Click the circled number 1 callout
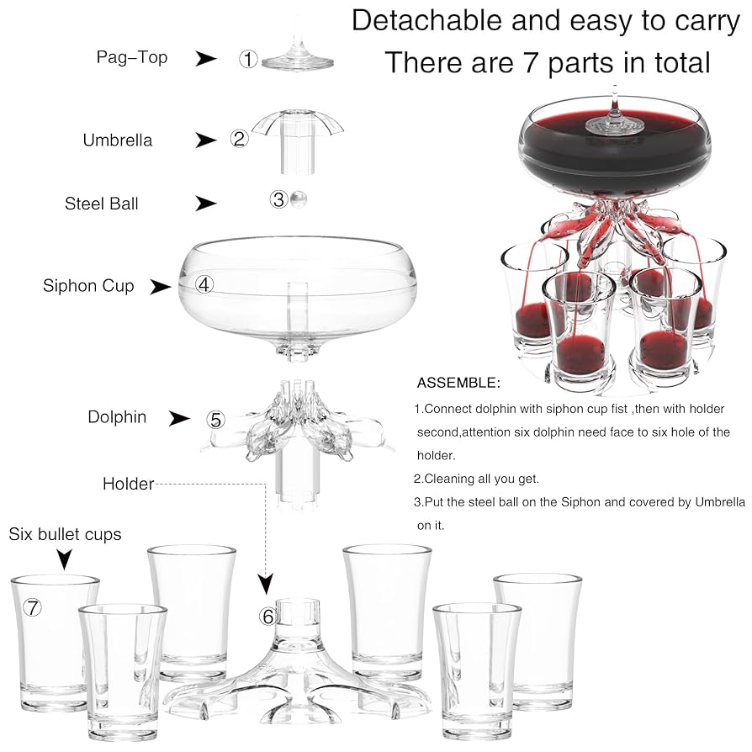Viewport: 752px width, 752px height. click(x=248, y=59)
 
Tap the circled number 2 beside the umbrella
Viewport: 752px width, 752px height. click(x=240, y=139)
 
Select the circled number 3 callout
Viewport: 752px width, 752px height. click(x=278, y=199)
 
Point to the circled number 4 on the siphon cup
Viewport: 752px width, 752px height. click(x=204, y=284)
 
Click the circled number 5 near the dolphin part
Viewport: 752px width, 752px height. click(x=216, y=420)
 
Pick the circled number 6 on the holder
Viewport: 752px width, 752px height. click(x=268, y=617)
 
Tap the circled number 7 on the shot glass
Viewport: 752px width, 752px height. click(x=32, y=607)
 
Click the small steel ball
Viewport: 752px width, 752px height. click(x=298, y=199)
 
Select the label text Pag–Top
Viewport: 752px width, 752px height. click(x=132, y=57)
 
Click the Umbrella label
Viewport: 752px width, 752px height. click(x=118, y=140)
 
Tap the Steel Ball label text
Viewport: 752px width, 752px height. click(x=101, y=204)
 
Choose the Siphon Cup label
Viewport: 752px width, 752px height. click(x=88, y=286)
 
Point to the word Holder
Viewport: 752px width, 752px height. click(x=128, y=484)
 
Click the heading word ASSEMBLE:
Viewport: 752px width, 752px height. click(x=458, y=383)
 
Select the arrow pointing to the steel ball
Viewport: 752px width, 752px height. click(x=206, y=204)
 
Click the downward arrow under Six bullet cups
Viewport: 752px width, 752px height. click(x=64, y=559)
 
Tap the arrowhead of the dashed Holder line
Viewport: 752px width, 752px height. click(x=266, y=584)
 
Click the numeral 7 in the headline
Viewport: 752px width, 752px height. click(x=531, y=63)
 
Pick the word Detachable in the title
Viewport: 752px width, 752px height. click(x=427, y=21)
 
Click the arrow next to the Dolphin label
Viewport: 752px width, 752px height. click(x=179, y=418)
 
